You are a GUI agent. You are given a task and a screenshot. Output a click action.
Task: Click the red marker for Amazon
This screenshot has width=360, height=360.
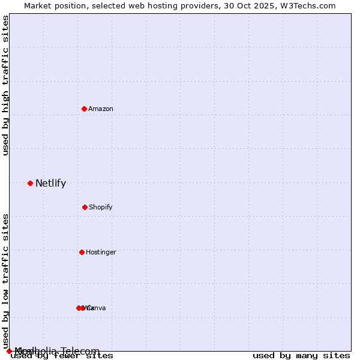click(x=84, y=109)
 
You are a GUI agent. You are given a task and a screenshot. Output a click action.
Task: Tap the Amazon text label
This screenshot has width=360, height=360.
click(x=101, y=109)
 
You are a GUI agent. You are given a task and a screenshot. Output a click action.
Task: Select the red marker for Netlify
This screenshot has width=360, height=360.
click(x=30, y=183)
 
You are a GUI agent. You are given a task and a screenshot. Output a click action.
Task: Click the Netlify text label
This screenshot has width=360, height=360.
click(x=50, y=184)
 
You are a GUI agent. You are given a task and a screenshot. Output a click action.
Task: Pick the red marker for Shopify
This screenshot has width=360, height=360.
click(x=85, y=207)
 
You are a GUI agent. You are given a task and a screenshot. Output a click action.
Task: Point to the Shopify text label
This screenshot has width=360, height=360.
click(x=101, y=207)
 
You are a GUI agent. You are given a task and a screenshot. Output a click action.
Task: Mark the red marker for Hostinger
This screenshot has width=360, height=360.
click(x=82, y=252)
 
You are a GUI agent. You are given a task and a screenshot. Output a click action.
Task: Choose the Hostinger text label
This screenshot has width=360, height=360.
click(x=101, y=252)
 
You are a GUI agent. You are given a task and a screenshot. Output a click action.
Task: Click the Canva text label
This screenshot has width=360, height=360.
click(x=97, y=308)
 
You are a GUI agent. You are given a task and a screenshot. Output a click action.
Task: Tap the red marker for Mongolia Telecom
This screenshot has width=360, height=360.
click(x=9, y=351)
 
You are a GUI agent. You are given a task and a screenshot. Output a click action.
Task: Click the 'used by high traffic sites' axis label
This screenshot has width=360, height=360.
click(x=6, y=85)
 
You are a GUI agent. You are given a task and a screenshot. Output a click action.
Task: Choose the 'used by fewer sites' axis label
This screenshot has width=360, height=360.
click(x=62, y=356)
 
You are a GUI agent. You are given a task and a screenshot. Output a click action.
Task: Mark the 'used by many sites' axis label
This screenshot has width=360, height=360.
click(x=301, y=356)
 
